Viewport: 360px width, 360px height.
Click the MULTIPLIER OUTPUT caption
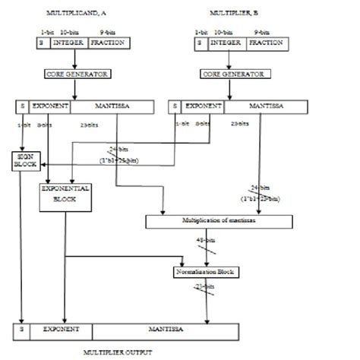[x=124, y=353]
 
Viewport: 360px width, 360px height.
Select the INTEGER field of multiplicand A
[x=69, y=44]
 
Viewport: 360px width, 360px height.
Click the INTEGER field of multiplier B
[x=224, y=44]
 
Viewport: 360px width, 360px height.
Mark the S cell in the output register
[x=21, y=333]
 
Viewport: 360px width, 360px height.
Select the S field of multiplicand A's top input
[x=43, y=44]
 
